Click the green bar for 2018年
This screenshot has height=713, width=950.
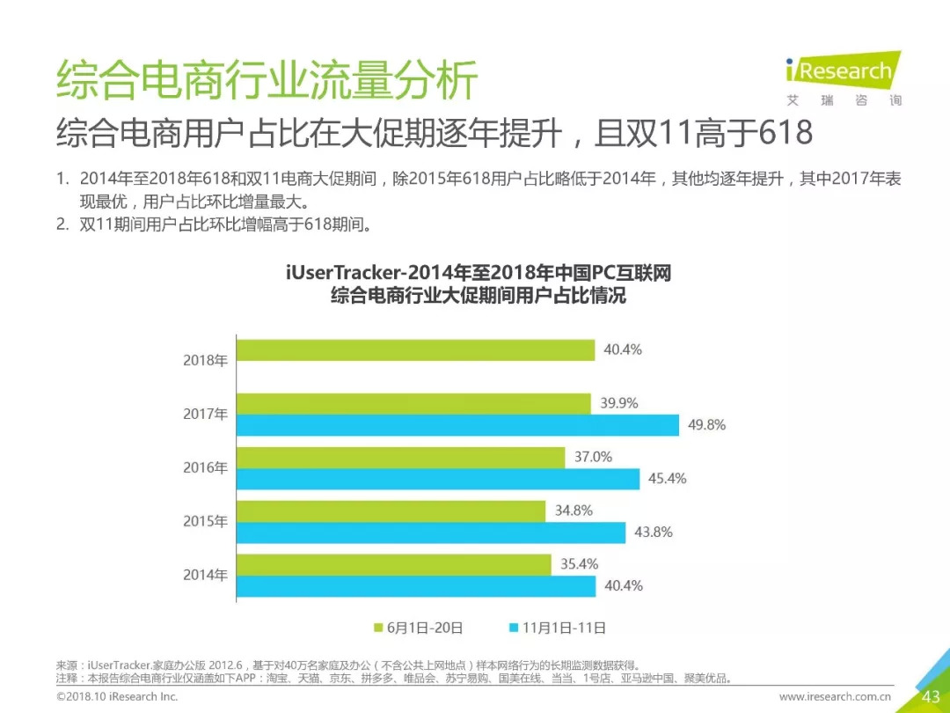click(x=415, y=349)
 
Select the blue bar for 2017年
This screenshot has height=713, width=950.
click(x=457, y=425)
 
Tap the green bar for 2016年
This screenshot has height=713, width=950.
click(x=400, y=457)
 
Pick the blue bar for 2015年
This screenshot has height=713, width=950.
click(x=431, y=533)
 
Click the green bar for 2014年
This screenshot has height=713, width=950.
click(x=393, y=564)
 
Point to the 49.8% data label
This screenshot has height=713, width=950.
click(x=707, y=425)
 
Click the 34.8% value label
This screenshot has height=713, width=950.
click(x=574, y=511)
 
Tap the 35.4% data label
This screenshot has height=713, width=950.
click(x=579, y=563)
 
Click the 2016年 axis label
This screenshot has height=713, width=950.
click(x=205, y=467)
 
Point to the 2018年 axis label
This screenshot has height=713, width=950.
click(x=205, y=360)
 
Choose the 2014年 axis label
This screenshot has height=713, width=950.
click(x=205, y=575)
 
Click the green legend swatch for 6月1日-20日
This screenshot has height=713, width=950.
click(x=379, y=628)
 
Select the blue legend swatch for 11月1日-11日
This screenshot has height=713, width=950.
click(x=513, y=628)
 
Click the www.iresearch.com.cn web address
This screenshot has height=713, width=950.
click(x=836, y=697)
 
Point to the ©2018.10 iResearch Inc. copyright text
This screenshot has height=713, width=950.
click(x=117, y=697)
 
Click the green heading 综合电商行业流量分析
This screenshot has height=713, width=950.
click(x=267, y=82)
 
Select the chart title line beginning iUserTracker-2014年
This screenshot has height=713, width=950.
click(x=479, y=273)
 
